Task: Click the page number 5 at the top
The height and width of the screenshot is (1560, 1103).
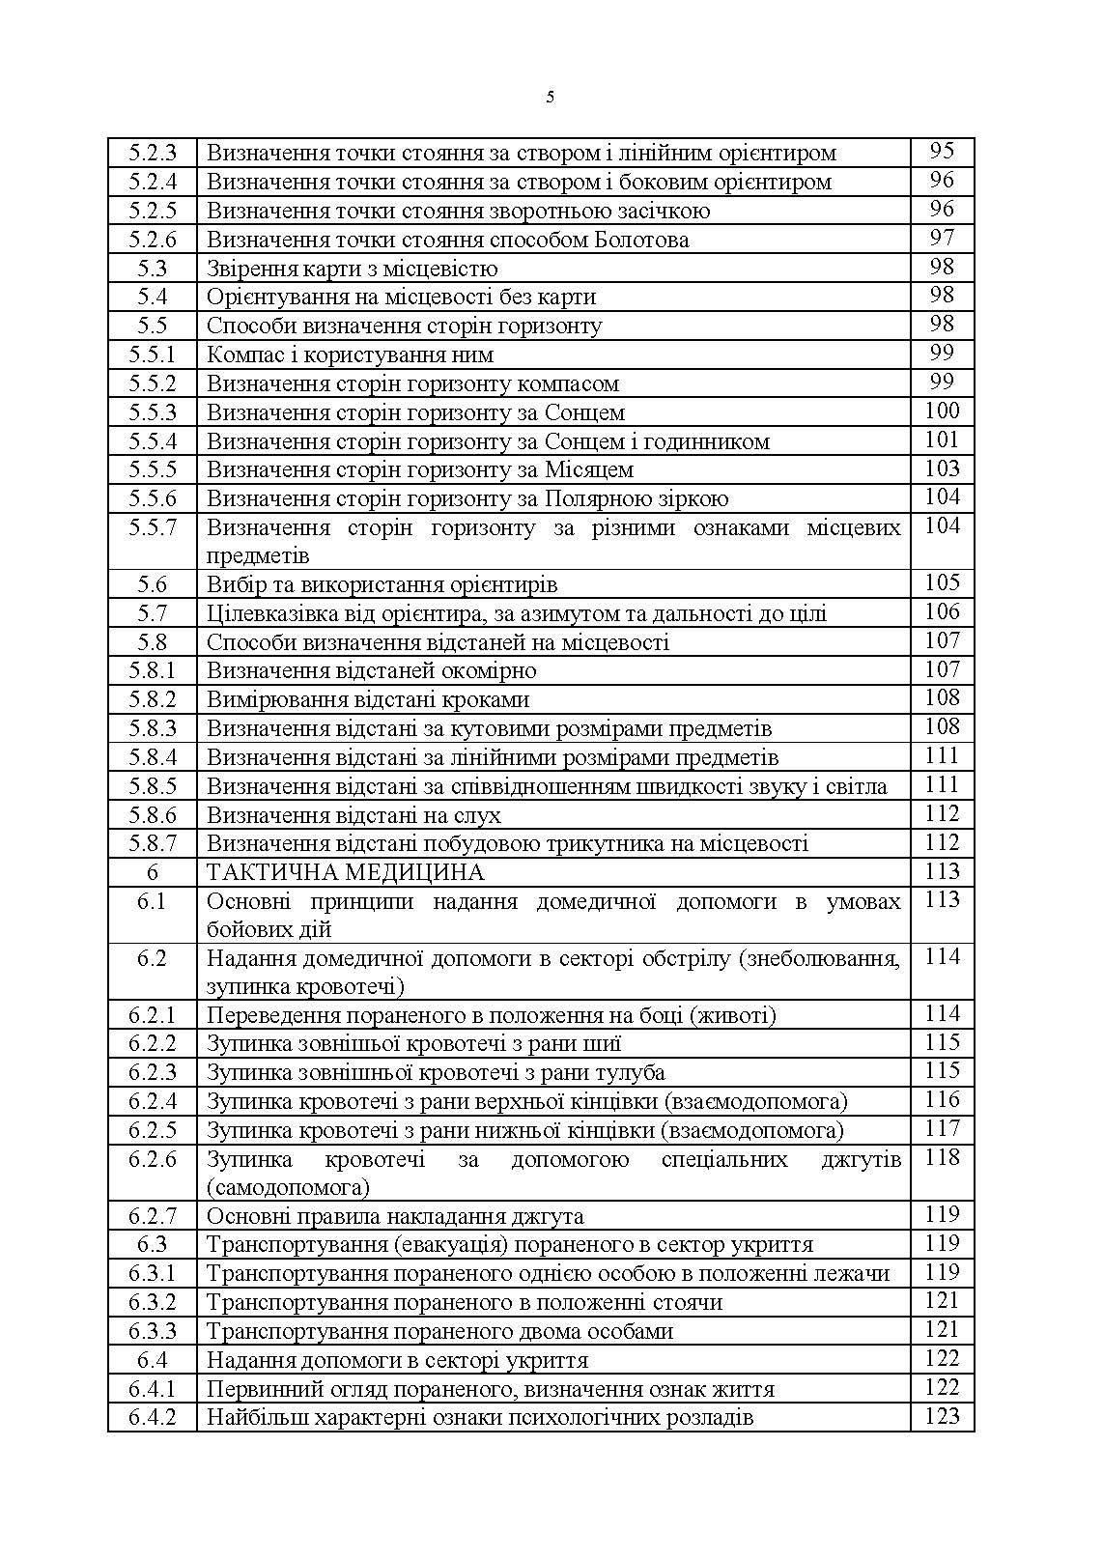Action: [551, 97]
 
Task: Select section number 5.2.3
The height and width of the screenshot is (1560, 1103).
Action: [153, 153]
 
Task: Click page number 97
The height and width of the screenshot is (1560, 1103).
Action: [942, 238]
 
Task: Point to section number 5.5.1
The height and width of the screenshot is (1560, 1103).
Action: [153, 355]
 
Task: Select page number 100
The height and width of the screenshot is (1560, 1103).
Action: [942, 411]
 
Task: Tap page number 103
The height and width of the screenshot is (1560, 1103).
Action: [942, 468]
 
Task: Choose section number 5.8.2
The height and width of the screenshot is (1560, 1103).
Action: [153, 699]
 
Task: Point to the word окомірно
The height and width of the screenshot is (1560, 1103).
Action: [490, 670]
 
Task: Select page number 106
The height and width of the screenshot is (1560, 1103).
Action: [942, 611]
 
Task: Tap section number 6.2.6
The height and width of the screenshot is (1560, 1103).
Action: [153, 1159]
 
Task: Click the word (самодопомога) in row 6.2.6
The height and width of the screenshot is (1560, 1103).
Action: [288, 1187]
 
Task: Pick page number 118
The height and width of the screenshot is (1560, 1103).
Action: [942, 1157]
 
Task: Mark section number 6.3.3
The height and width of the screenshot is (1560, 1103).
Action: [153, 1331]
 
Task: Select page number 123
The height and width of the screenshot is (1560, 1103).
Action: [942, 1416]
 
